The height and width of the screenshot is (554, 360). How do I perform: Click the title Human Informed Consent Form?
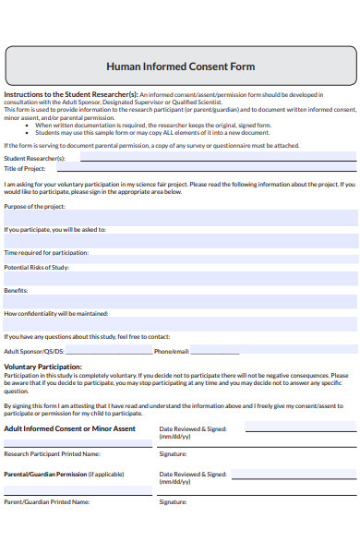tap(180, 66)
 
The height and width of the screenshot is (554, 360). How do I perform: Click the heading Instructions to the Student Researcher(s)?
tap(70, 95)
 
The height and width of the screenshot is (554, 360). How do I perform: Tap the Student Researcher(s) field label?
tap(34, 158)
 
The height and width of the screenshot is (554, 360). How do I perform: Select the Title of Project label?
tap(25, 168)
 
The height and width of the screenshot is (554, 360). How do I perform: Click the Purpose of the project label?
tap(35, 205)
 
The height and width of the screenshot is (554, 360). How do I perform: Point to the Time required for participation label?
tap(46, 252)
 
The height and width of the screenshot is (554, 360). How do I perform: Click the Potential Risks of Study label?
tap(37, 267)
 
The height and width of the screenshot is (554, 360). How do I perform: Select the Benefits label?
tap(16, 290)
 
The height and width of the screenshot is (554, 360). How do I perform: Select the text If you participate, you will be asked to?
tap(54, 229)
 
